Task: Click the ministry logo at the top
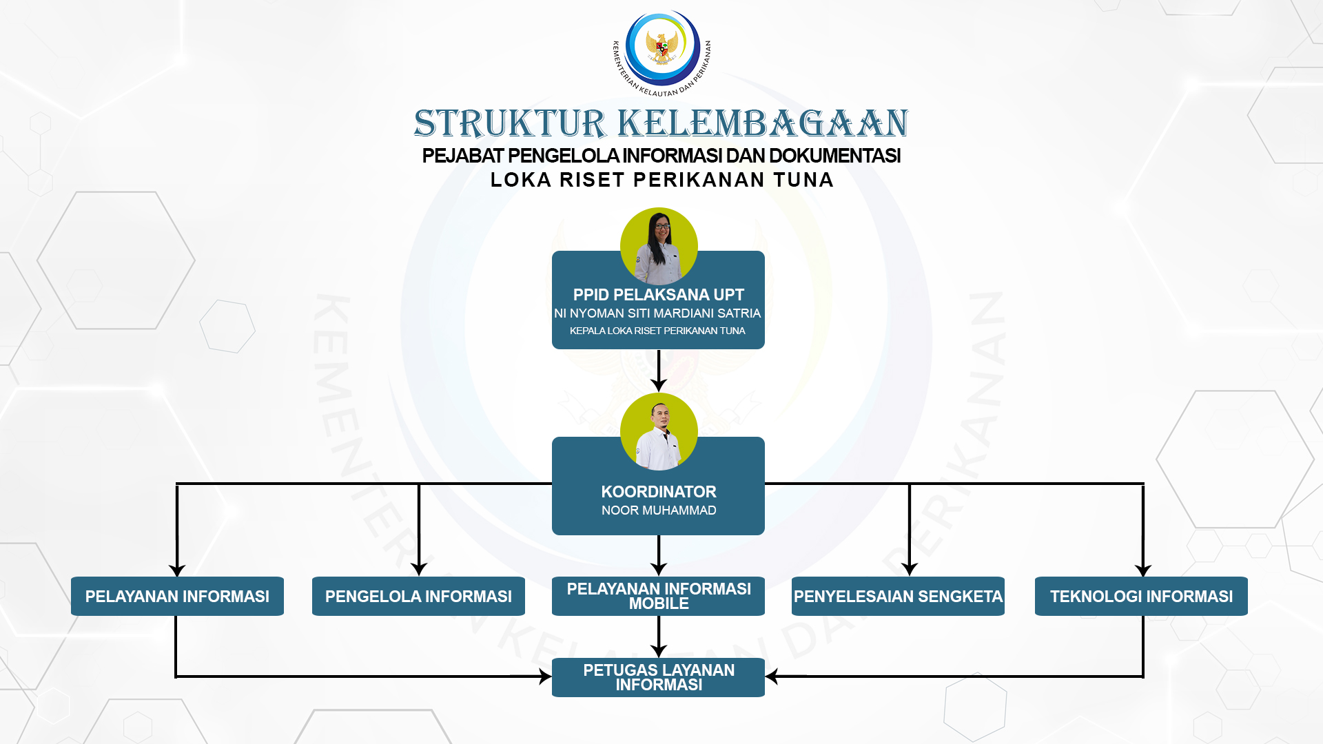pos(661,53)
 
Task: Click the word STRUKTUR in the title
pos(510,124)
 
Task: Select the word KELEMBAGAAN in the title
pos(763,124)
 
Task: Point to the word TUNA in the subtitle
pos(803,180)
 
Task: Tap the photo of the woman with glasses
pos(659,247)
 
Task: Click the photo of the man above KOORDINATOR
pos(659,432)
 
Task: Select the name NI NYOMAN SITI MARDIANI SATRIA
pos(657,313)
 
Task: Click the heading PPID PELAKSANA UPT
pos(659,295)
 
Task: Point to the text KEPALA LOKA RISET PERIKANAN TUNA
pos(657,331)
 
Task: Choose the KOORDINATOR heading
pos(659,492)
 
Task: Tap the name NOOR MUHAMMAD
pos(659,510)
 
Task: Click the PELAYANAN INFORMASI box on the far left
pos(177,596)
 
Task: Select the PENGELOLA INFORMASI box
pos(418,596)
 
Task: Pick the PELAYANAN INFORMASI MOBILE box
pos(658,596)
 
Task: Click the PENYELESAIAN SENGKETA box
pos(898,596)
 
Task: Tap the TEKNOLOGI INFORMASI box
pos(1141,596)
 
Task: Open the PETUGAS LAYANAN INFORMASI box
pos(658,677)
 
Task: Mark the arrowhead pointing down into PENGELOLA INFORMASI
pos(419,570)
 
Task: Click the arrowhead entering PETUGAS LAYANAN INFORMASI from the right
pos(772,676)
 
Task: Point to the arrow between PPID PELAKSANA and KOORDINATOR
pos(659,371)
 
